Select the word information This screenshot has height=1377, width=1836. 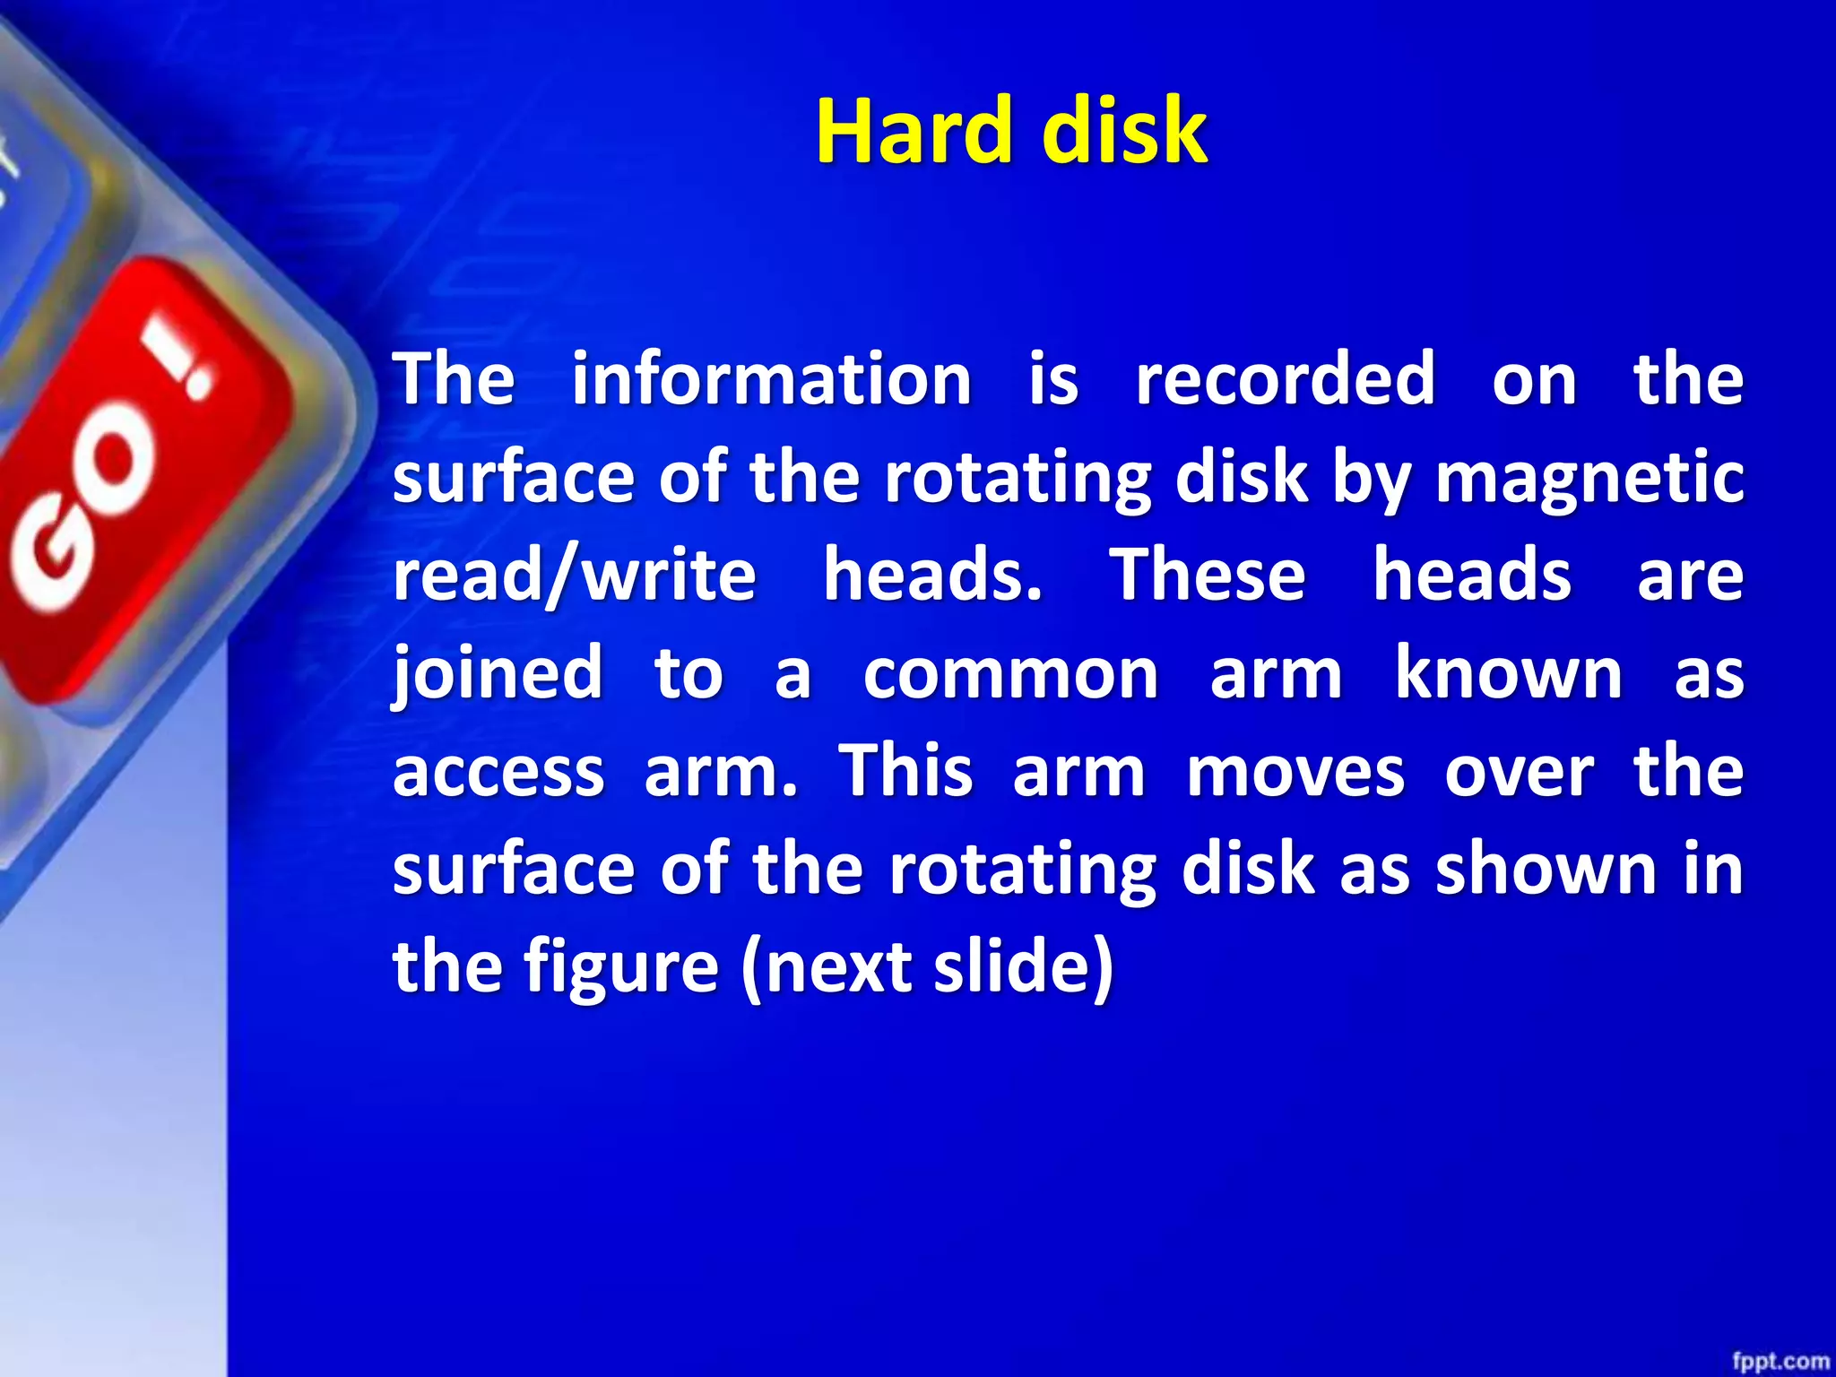pos(771,379)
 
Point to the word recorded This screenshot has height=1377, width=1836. pos(1285,379)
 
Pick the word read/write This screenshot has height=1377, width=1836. pos(575,576)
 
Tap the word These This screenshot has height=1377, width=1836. pos(1208,576)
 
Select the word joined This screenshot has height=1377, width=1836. pos(498,674)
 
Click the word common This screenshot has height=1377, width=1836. pos(1010,674)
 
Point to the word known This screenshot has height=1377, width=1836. pos(1509,674)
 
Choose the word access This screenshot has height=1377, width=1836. pos(498,772)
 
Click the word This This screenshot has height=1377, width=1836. pos(905,772)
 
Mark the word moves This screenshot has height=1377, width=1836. pos(1295,772)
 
